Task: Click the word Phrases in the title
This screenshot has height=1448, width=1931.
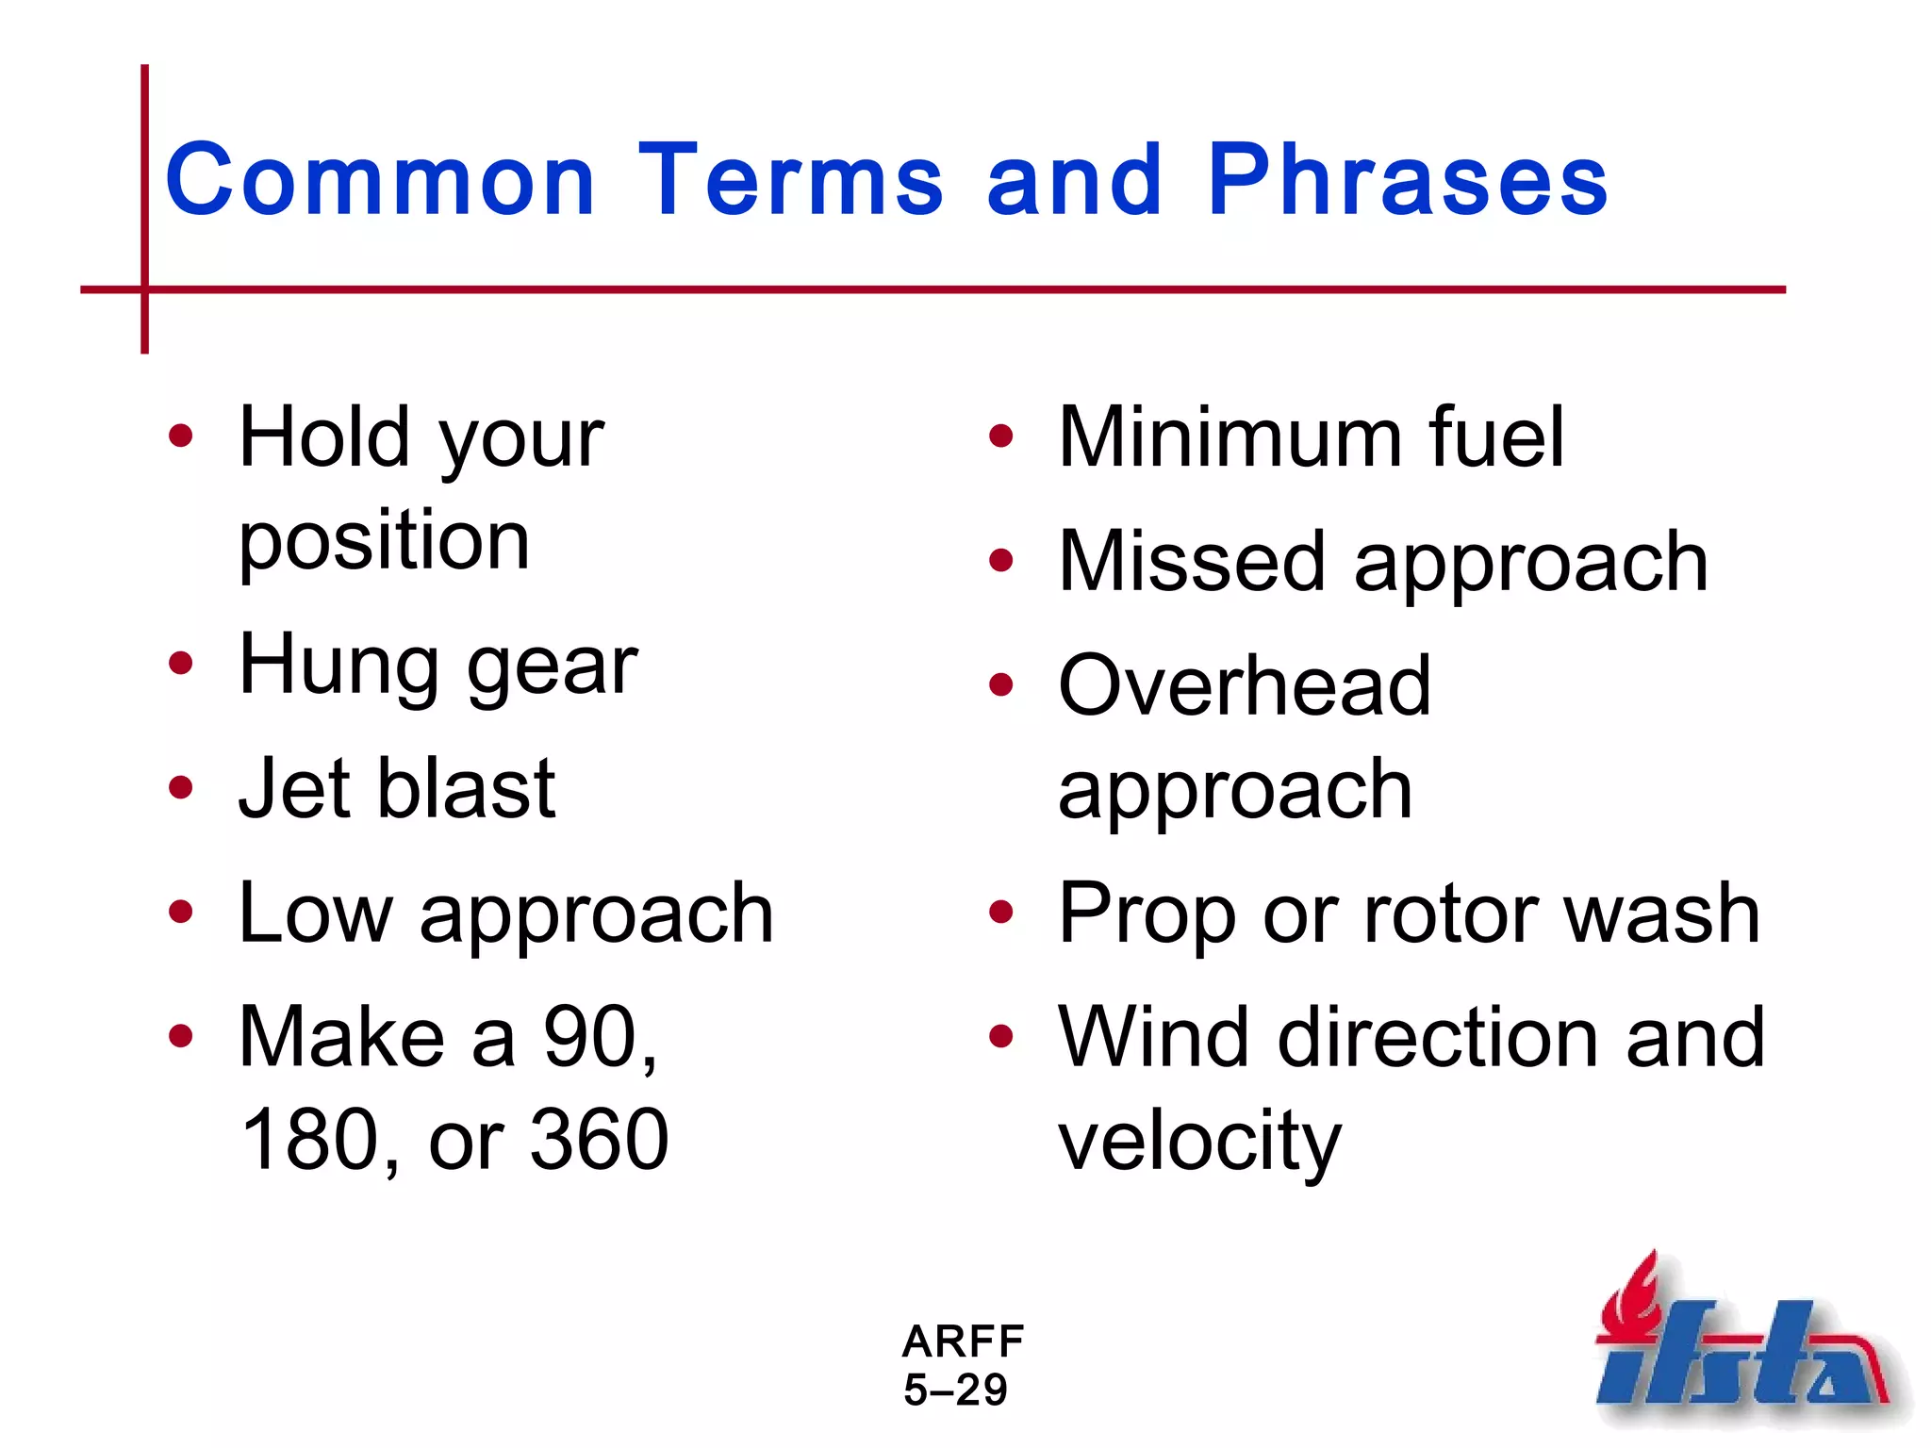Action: pos(1407,181)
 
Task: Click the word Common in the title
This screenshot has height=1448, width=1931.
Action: pos(380,181)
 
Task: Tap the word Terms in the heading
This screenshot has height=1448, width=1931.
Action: pos(790,181)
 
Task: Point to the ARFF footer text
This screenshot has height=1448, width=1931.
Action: pos(963,1341)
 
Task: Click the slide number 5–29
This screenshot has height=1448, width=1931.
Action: pos(955,1390)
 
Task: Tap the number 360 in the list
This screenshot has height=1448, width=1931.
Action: pos(599,1140)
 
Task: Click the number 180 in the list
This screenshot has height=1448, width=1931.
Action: pos(310,1140)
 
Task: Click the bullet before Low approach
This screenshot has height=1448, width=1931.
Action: pos(180,913)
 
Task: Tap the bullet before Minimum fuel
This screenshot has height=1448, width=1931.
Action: pos(1000,436)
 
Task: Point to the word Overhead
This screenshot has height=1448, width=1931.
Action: pos(1245,685)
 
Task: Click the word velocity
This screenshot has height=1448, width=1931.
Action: pos(1199,1142)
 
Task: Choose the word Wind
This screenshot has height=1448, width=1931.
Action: pos(1153,1037)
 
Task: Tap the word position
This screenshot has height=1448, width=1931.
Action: pos(384,542)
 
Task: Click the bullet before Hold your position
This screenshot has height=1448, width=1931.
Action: pos(180,436)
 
